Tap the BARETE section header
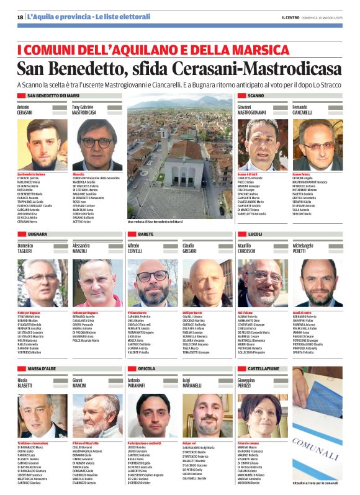(x=146, y=234)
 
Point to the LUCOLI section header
(x=255, y=234)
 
